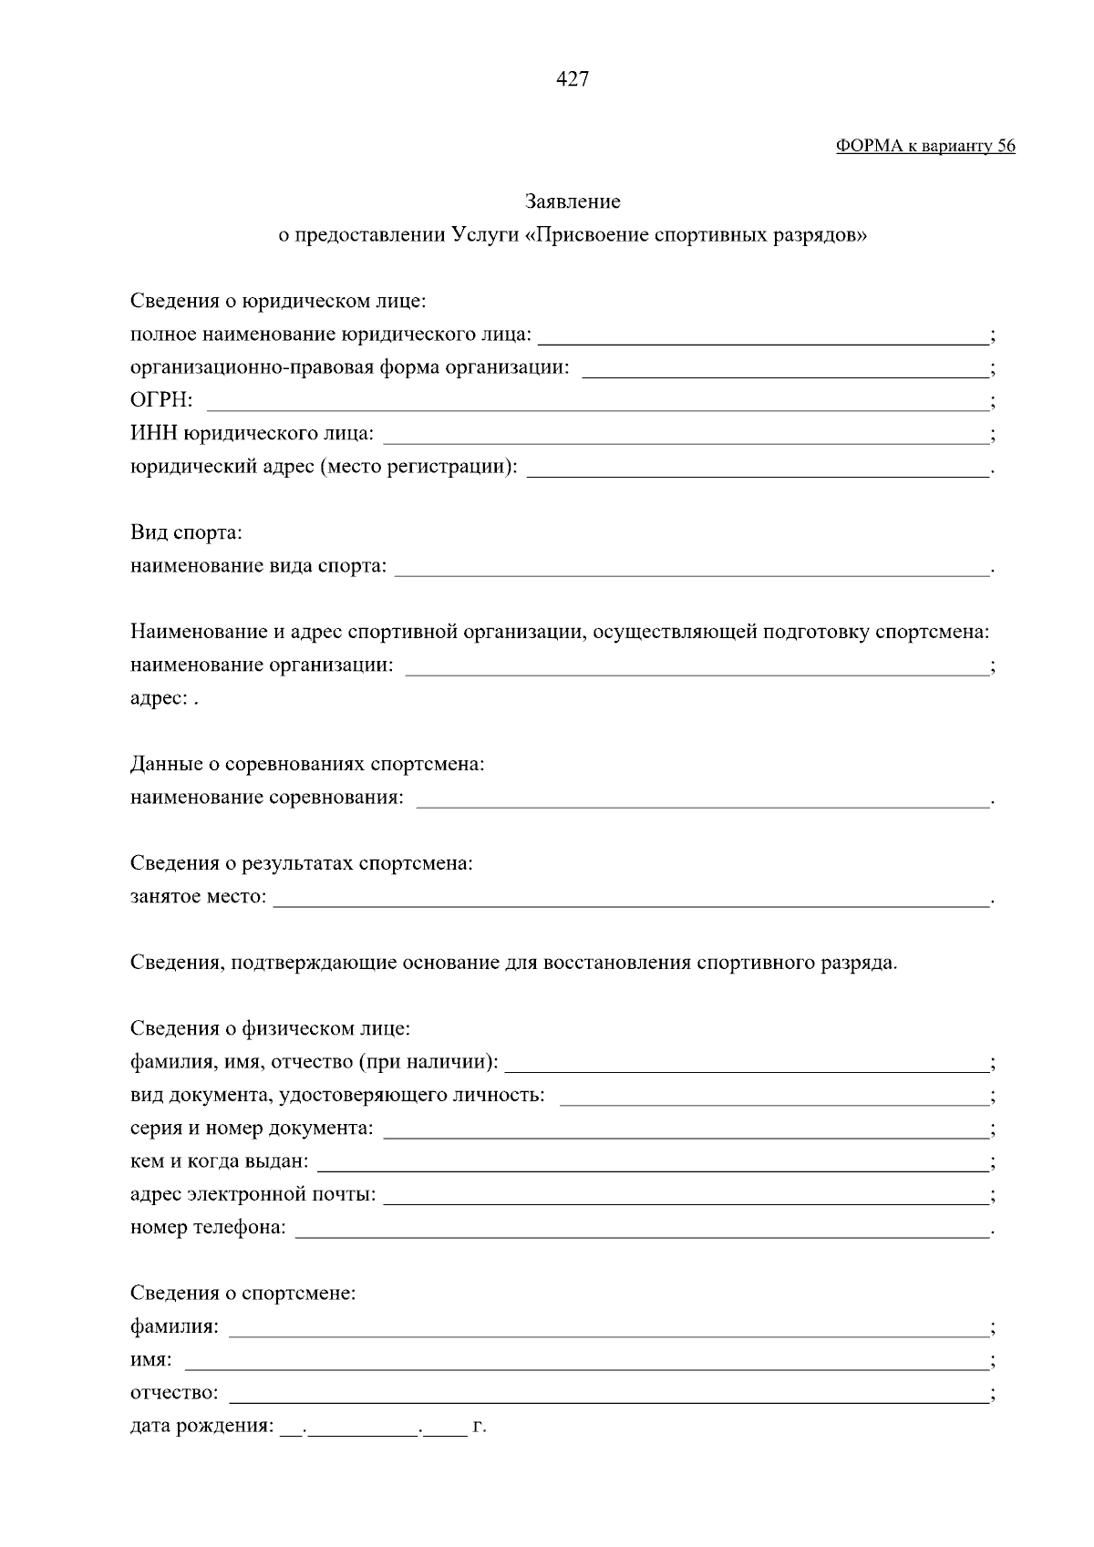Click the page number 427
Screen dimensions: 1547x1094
coord(573,79)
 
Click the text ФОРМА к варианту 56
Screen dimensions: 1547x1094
coord(925,146)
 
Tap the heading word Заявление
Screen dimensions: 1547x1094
coord(573,201)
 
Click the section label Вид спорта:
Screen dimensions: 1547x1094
coord(186,532)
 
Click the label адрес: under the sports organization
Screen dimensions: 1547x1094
coord(160,699)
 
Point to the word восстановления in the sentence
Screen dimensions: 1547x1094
coord(617,964)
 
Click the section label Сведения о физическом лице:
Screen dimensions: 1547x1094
coord(270,1029)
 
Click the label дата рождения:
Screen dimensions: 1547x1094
coord(201,1427)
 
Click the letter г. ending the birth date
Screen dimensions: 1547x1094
coord(480,1427)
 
